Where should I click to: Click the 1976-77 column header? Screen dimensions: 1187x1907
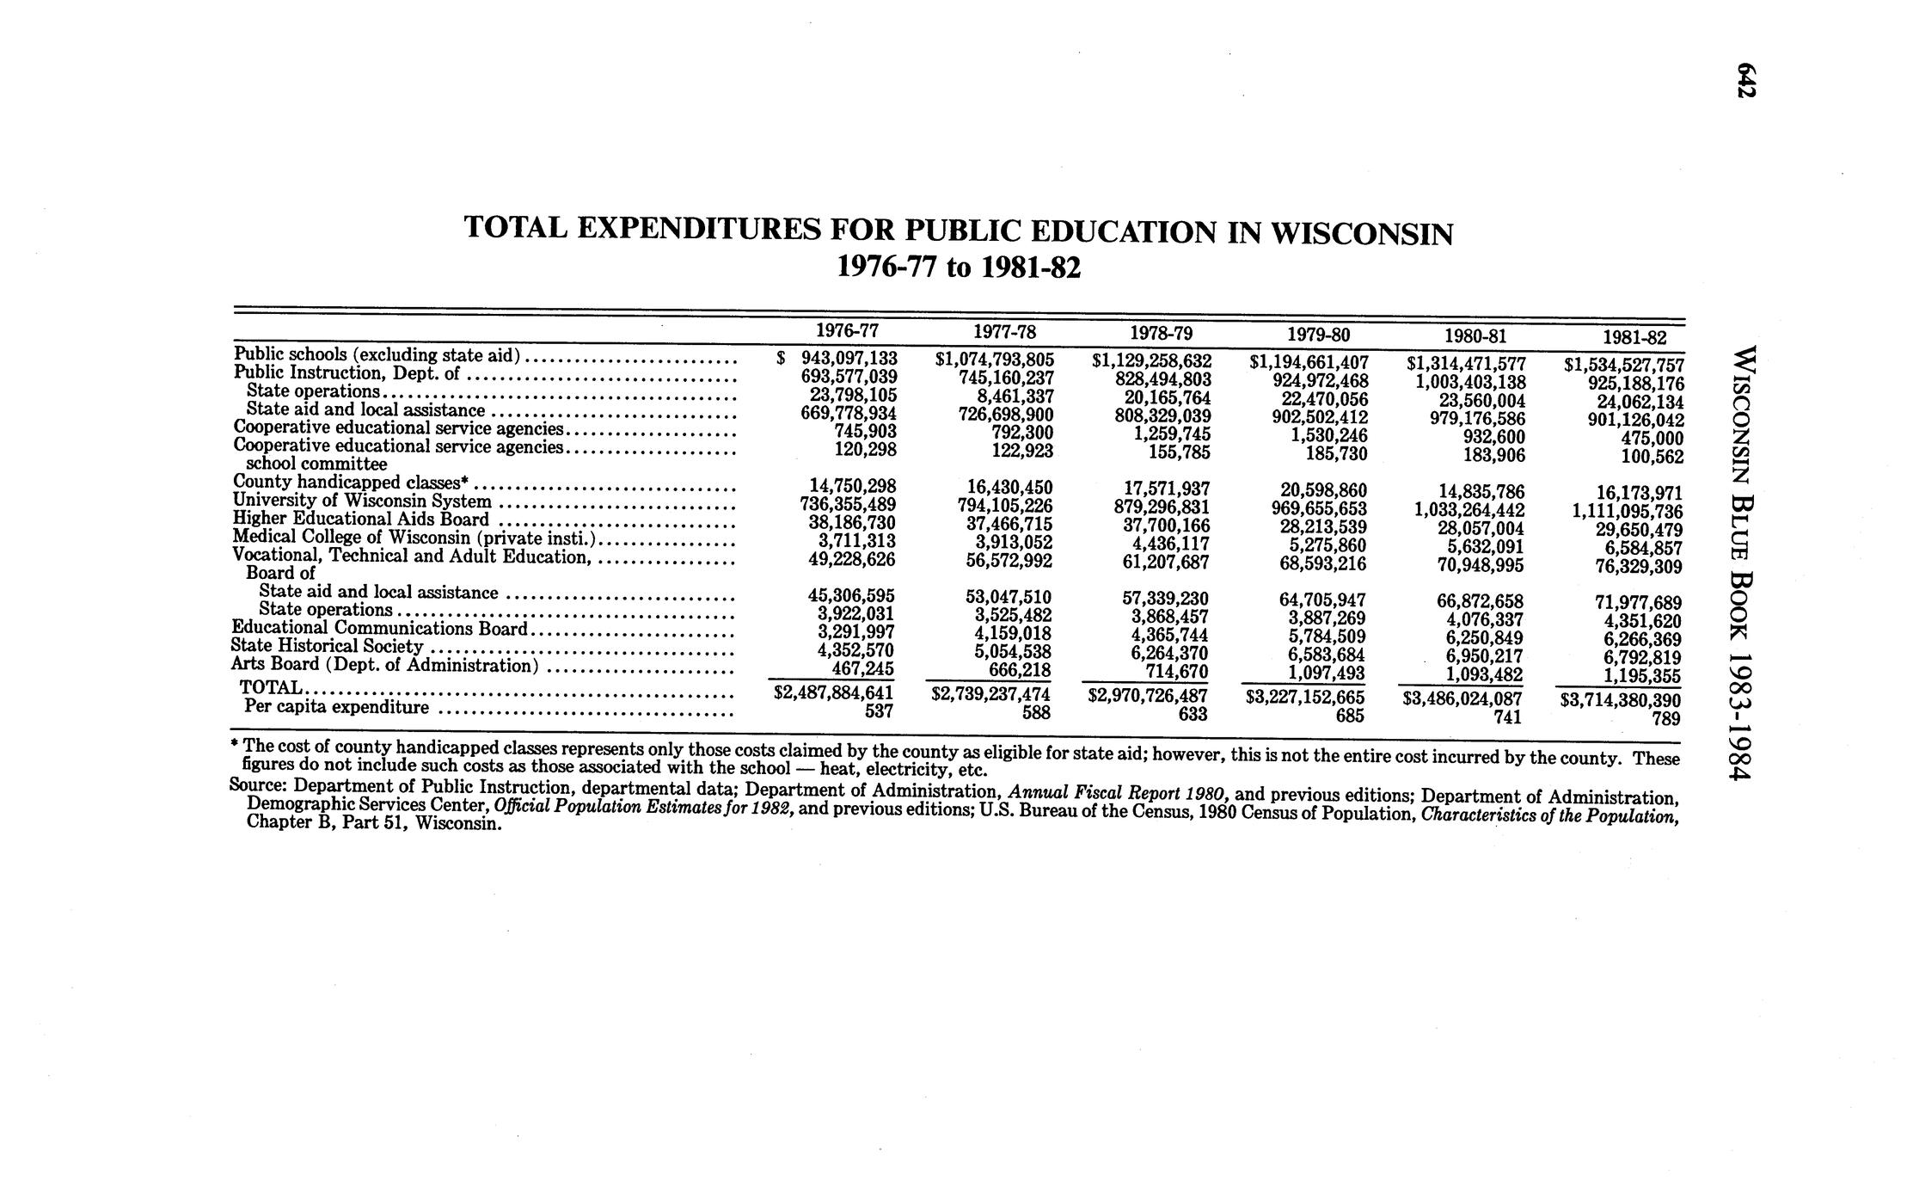coord(847,331)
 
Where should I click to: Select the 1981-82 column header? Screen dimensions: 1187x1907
coord(1634,338)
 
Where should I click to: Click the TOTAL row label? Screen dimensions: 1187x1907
coord(270,688)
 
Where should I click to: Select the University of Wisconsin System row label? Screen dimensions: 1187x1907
coord(362,501)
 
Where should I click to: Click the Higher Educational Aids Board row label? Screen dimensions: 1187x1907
coord(361,520)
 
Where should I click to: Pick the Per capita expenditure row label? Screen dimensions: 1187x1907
coord(336,707)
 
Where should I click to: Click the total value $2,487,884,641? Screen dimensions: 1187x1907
coord(833,692)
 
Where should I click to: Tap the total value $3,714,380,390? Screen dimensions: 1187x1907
coord(1620,700)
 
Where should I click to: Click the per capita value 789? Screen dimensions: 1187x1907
coord(1665,718)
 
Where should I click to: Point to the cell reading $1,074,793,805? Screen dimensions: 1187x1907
coord(994,359)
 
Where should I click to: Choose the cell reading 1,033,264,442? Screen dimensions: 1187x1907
coord(1469,510)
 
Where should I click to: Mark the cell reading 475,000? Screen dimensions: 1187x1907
coord(1652,439)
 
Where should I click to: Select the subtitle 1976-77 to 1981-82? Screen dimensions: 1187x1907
coord(958,269)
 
